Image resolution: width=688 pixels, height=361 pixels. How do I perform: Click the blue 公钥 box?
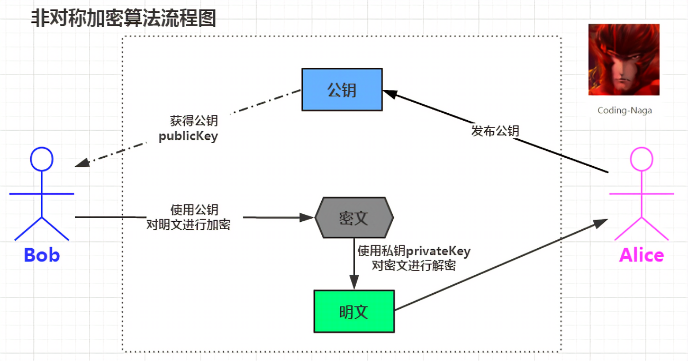(342, 89)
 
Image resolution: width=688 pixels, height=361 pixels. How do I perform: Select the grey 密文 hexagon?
(354, 218)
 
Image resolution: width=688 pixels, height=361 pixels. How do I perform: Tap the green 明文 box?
(354, 311)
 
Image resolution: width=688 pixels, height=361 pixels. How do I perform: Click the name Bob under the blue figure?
(42, 255)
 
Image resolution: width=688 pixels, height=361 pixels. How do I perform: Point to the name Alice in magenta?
(641, 255)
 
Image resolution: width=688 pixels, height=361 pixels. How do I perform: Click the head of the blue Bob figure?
(42, 159)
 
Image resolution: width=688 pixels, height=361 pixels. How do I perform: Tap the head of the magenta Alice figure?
(641, 159)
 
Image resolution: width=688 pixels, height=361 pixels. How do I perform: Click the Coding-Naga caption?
(624, 110)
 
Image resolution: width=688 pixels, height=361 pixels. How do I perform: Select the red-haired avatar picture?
(624, 60)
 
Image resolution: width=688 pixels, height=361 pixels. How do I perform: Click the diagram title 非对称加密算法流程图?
(124, 18)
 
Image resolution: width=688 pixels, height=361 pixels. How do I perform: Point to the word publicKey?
(188, 136)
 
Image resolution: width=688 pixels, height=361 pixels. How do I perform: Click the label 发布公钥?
(495, 131)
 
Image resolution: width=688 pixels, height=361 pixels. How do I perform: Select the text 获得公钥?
(194, 121)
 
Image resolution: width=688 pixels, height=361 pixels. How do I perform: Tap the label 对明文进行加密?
(188, 225)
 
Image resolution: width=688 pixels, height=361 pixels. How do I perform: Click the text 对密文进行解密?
(414, 265)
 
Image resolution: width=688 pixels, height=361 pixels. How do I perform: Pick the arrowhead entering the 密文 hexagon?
(306, 218)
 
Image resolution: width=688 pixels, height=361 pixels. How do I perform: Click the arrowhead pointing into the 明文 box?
(354, 282)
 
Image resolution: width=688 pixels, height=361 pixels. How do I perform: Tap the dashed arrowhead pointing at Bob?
(82, 163)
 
